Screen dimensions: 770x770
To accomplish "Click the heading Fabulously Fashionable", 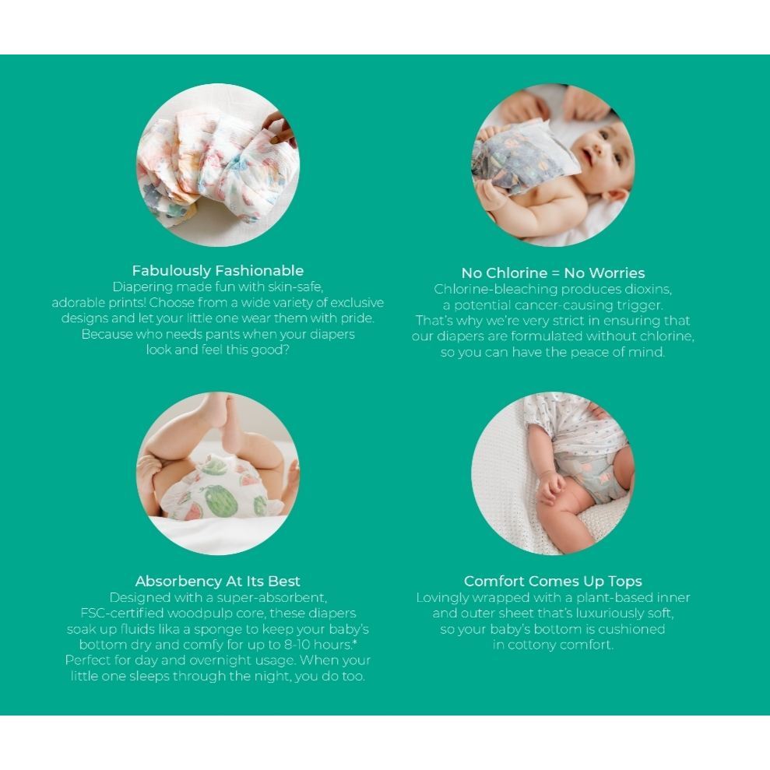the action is click(x=217, y=271).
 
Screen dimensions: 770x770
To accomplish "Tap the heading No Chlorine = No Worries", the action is click(x=553, y=273).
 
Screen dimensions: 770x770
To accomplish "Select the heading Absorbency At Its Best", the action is click(x=217, y=582).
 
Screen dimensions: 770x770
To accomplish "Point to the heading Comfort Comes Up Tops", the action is click(x=553, y=582).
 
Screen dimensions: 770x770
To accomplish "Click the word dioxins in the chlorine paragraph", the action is click(x=648, y=289).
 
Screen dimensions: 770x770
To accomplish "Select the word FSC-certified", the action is click(x=121, y=614).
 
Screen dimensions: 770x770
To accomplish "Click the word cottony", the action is click(x=534, y=645).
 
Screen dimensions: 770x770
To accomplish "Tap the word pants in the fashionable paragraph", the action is click(x=222, y=335).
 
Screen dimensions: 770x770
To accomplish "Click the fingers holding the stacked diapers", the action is click(x=280, y=129).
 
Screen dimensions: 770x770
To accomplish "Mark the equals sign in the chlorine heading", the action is click(x=555, y=273).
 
